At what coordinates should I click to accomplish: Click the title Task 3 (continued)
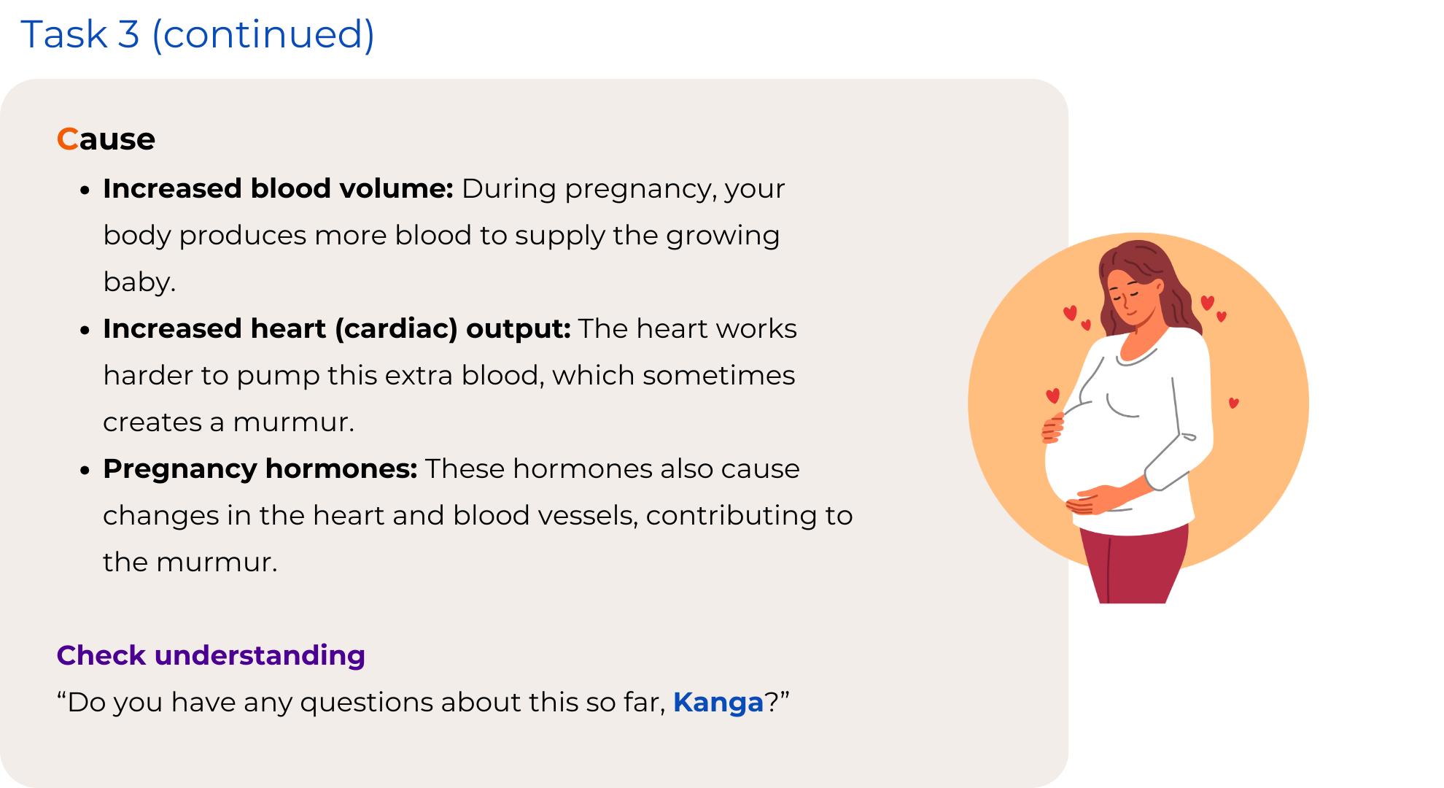[198, 34]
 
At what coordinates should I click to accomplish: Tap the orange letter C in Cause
[67, 139]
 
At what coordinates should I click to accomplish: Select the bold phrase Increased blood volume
[278, 188]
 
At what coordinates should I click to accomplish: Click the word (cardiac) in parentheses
[396, 329]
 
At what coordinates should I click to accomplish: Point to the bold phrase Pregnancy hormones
[260, 469]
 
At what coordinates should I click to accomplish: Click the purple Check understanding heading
[211, 655]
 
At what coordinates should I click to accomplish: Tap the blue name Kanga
[718, 702]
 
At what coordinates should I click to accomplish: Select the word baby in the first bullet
[139, 282]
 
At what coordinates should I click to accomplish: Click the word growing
[722, 236]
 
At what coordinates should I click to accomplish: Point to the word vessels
[588, 516]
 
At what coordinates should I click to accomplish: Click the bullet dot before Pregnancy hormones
[85, 471]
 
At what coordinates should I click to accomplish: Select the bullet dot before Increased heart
[85, 331]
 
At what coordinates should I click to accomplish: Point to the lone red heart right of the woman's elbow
[1234, 403]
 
